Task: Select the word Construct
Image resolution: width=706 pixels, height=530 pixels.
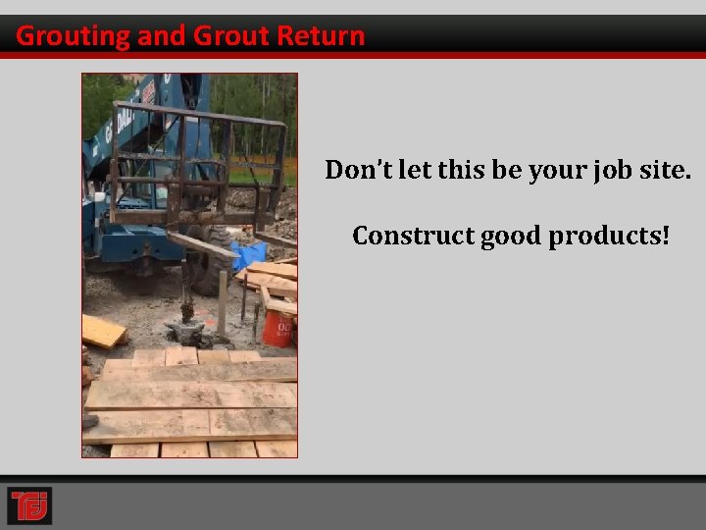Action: tap(412, 237)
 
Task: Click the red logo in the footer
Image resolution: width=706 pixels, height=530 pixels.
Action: tap(29, 505)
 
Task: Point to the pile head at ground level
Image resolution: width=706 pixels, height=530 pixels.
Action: tap(185, 330)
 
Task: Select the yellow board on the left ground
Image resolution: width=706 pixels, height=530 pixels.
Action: tap(103, 331)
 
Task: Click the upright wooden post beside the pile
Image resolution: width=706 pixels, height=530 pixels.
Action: tap(223, 304)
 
